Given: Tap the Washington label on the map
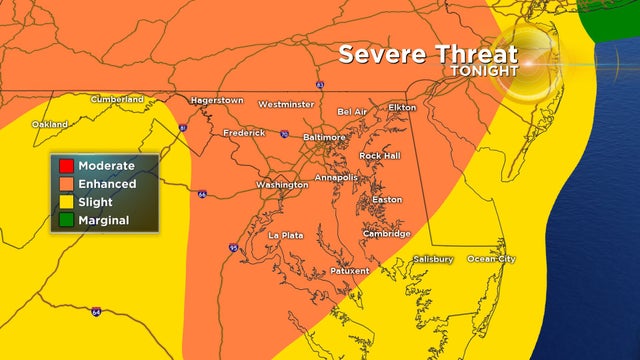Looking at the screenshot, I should pos(282,185).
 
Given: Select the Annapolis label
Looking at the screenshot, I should pos(336,177).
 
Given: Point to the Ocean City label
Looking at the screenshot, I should pos(492,259).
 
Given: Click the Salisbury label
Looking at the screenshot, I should pos(433,259).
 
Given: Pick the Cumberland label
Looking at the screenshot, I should pos(117,99).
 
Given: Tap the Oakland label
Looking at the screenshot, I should pos(49,124).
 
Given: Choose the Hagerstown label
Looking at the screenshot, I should pos(218,101).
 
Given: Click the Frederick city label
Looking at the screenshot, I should pos(244,132).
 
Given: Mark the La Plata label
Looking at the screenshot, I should pos(285,235).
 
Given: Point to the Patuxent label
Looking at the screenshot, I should pos(349,270).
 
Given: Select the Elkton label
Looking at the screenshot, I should pos(402,106).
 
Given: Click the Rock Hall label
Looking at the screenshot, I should pos(381,156).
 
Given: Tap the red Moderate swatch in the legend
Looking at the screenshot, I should pos(65,165).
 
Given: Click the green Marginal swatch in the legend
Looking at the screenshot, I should pos(65,220).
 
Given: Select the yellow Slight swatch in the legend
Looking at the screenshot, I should pos(65,202).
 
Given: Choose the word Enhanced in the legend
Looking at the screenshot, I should pos(107,184).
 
